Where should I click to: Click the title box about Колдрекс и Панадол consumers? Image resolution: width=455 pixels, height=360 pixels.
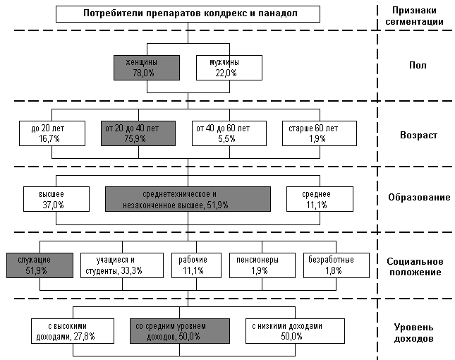[x=188, y=14]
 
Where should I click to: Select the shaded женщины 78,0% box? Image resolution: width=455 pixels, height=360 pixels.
[x=147, y=68]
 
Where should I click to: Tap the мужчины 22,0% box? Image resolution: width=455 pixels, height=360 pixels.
[x=229, y=68]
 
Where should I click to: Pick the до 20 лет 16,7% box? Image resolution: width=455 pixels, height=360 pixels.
[x=52, y=133]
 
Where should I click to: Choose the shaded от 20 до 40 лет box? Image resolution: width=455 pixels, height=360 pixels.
[x=138, y=133]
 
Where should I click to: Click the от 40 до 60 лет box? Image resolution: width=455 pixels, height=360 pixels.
[x=229, y=133]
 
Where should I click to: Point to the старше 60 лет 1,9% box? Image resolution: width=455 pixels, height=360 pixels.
[x=320, y=133]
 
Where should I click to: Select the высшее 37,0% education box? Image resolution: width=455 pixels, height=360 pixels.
[x=56, y=199]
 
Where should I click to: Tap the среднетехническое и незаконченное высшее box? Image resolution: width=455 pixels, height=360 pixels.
[x=188, y=199]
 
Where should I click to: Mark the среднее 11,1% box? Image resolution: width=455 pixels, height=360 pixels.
[x=320, y=199]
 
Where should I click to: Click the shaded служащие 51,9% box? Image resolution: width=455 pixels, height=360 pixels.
[x=40, y=265]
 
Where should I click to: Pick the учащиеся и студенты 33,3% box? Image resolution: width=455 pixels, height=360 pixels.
[x=122, y=265]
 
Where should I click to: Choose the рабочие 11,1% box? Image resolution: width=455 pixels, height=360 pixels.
[x=196, y=265]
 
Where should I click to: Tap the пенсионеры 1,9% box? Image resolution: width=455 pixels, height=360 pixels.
[x=262, y=265]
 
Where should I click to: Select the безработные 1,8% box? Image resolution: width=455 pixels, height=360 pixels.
[x=336, y=265]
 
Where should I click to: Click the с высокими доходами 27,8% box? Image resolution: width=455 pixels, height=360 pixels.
[x=73, y=331]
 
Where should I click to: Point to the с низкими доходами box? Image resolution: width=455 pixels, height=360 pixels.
[x=295, y=331]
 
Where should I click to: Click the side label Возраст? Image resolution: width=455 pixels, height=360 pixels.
[x=418, y=135]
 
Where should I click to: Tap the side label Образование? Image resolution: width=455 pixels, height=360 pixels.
[x=419, y=198]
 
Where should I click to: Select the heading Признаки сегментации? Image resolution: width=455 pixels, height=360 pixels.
[x=414, y=16]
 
